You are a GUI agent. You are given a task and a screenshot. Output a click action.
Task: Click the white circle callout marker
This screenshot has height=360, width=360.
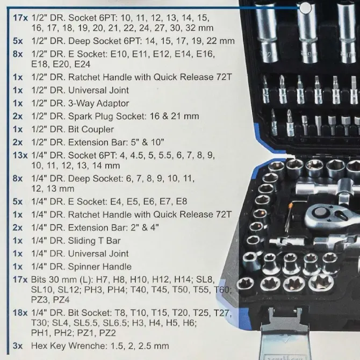pos(306,8)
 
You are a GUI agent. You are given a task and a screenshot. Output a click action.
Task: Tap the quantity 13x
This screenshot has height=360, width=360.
pos(18,155)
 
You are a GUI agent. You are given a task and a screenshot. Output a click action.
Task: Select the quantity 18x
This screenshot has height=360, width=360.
pos(18,313)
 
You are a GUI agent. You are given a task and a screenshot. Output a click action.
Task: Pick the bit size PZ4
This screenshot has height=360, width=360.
pos(62,300)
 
